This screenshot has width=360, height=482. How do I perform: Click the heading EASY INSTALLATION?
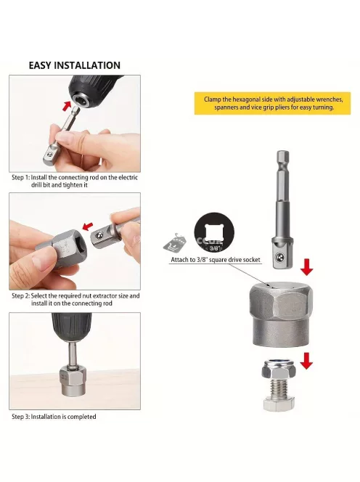coord(75,65)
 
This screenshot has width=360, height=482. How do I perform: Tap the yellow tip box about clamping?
coord(272,103)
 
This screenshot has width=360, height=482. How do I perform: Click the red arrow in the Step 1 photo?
coord(67,106)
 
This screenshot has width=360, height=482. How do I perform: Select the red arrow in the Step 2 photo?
coord(88,226)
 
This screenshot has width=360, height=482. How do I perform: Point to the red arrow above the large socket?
coord(306,267)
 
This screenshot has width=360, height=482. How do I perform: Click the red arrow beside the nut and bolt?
coord(306,361)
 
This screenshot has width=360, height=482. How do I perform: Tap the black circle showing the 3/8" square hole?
coord(214,232)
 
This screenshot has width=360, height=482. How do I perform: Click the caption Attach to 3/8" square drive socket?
coord(216,260)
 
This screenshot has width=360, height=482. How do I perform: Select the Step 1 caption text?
coord(75,181)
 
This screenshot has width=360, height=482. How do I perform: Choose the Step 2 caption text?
coord(75,299)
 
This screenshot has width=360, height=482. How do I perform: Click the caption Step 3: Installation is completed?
coord(54,417)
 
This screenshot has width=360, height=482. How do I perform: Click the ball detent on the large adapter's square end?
coord(279,257)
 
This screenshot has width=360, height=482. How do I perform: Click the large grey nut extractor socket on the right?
coord(281,314)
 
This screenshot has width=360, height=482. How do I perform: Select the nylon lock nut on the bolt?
coord(279,369)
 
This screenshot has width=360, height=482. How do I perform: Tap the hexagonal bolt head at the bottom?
coord(279,404)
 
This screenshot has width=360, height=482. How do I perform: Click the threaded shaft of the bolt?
coord(279,388)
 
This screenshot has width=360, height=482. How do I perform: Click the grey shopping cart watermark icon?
coord(174,243)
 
